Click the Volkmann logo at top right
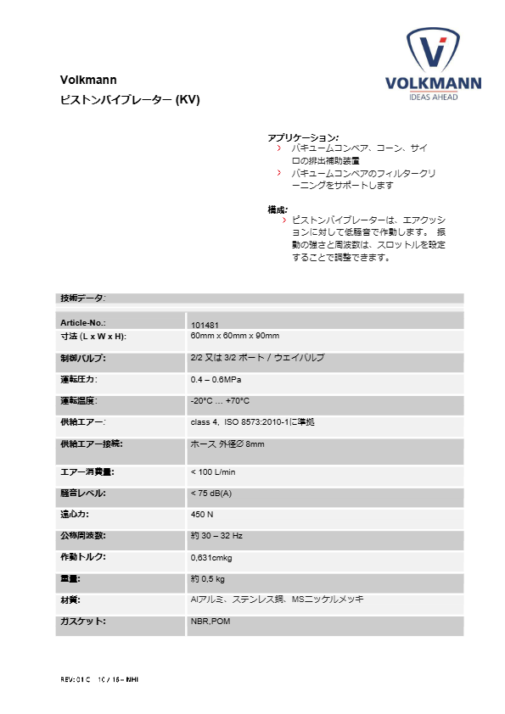point(433,64)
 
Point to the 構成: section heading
point(278,209)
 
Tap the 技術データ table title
point(83,298)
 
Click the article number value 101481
point(205,325)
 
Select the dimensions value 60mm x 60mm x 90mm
point(236,337)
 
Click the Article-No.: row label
point(83,324)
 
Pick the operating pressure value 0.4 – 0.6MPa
point(220,379)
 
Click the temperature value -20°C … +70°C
point(220,400)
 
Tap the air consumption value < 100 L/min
point(213,471)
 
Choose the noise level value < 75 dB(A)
point(211,493)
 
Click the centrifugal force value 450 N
point(202,515)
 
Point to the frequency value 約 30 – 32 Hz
point(217,536)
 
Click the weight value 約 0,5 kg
point(208,579)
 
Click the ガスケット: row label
point(83,622)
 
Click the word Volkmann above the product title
point(82,81)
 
